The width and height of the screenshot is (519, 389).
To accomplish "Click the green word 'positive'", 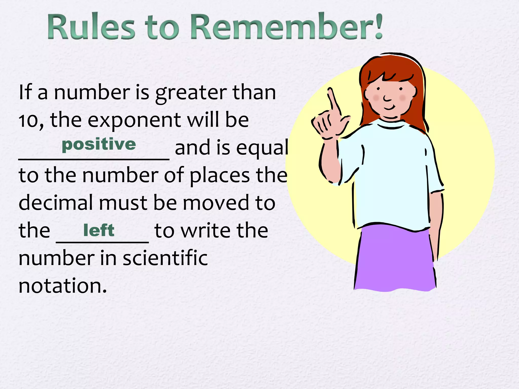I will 99,145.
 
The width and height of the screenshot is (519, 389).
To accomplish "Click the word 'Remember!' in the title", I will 286,27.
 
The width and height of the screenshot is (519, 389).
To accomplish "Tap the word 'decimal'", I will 56,203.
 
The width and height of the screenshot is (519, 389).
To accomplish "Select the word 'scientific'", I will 165,258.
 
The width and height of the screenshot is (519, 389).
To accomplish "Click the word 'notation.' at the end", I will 63,286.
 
